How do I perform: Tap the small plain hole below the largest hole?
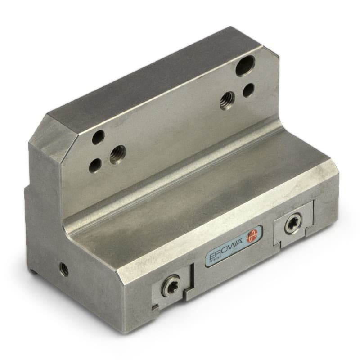tap(248, 90)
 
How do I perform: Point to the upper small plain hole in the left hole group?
tap(98, 137)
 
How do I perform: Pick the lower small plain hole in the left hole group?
tap(95, 166)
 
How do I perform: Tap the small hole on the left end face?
tap(64, 269)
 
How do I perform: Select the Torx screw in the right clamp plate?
tap(292, 225)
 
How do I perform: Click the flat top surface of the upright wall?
tap(148, 76)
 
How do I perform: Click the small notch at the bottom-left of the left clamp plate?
tap(155, 308)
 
